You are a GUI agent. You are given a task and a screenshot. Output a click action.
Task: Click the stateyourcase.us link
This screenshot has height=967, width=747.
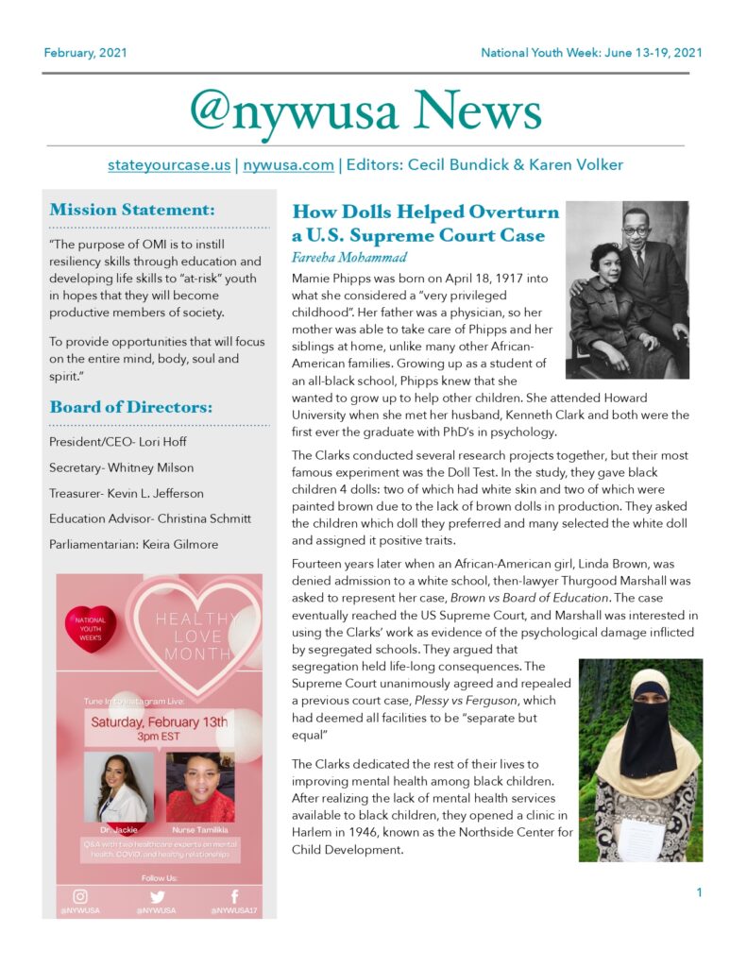[169, 164]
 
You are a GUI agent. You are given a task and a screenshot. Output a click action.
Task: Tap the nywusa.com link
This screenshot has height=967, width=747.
[288, 164]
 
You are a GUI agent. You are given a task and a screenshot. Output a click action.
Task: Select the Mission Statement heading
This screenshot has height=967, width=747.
[132, 209]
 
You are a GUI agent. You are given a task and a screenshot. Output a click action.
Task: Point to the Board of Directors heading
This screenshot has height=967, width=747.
[131, 408]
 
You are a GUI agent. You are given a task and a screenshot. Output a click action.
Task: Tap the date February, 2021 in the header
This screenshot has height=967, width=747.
[85, 52]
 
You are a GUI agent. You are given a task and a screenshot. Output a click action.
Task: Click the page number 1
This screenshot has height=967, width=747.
[699, 892]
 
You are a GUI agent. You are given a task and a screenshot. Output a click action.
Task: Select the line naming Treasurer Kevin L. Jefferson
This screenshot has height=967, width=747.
[127, 493]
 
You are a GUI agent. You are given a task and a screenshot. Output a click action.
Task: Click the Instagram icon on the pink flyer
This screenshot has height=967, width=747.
[80, 896]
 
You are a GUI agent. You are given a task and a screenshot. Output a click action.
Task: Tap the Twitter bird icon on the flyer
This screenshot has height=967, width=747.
[157, 896]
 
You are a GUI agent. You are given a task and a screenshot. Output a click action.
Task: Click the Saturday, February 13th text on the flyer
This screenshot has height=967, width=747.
[159, 721]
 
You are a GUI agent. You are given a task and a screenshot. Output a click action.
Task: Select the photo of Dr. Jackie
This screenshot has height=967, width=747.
[118, 787]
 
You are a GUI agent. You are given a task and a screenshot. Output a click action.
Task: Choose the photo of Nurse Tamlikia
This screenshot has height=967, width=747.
[200, 787]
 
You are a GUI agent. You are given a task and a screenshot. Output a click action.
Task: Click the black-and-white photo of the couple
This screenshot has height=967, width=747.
[627, 290]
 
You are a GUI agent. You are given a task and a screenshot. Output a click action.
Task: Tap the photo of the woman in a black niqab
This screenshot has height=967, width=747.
[640, 759]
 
